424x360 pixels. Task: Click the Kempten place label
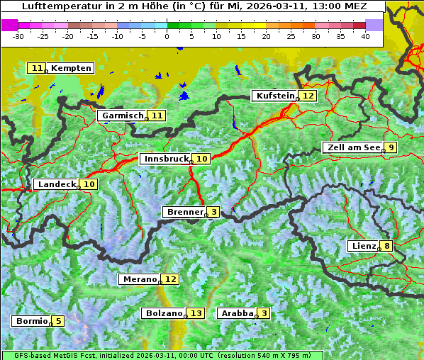pos(71,68)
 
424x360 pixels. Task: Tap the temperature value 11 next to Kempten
pos(37,68)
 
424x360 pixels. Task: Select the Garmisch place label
pos(123,116)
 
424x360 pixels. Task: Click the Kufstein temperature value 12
pos(308,96)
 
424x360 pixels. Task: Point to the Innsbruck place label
pos(166,159)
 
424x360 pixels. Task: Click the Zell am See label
pos(352,147)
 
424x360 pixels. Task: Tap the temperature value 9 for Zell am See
pos(390,147)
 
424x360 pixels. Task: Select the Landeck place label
pos(56,184)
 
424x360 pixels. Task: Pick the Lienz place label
pos(363,246)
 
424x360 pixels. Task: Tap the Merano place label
pos(139,279)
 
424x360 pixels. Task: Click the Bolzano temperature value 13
pos(196,313)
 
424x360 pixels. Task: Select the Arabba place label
pos(237,313)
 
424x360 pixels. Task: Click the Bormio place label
pos(31,321)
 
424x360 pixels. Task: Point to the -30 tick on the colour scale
pos(18,35)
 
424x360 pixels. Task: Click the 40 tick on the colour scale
pos(364,35)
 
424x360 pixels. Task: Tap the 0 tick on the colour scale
pos(167,35)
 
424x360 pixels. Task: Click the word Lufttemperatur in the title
pos(52,6)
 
